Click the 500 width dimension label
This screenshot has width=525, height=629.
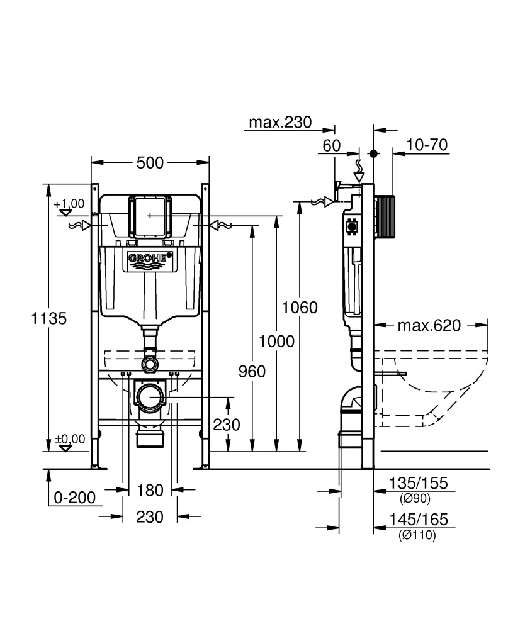pyautogui.click(x=150, y=163)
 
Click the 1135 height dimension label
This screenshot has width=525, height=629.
pyautogui.click(x=48, y=318)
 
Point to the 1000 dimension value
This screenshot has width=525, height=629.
pyautogui.click(x=276, y=341)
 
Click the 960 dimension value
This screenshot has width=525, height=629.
pyautogui.click(x=252, y=371)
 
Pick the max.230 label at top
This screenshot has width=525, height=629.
pyautogui.click(x=279, y=122)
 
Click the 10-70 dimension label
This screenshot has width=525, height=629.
pyautogui.click(x=427, y=145)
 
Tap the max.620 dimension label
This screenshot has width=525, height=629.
pyautogui.click(x=429, y=325)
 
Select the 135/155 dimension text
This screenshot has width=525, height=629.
pyautogui.click(x=419, y=483)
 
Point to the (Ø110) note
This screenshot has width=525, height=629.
pyautogui.click(x=417, y=535)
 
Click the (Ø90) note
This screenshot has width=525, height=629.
pyautogui.click(x=415, y=499)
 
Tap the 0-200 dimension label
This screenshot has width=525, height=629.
pyautogui.click(x=74, y=498)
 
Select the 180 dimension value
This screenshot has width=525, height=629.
pyautogui.click(x=150, y=489)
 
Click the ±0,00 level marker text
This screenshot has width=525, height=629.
pyautogui.click(x=69, y=438)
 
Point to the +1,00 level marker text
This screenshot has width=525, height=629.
pyautogui.click(x=69, y=203)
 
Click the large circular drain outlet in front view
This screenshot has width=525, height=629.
pyautogui.click(x=150, y=398)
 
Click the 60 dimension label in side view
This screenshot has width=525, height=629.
pyautogui.click(x=332, y=145)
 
